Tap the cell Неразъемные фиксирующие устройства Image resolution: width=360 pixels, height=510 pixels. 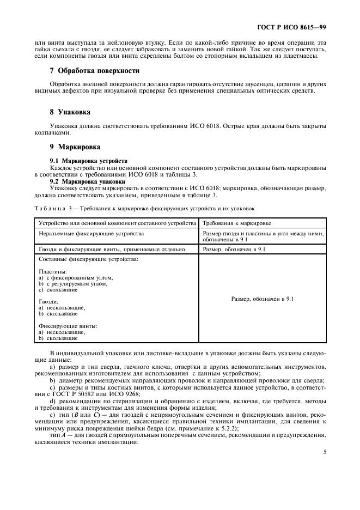(91, 233)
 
